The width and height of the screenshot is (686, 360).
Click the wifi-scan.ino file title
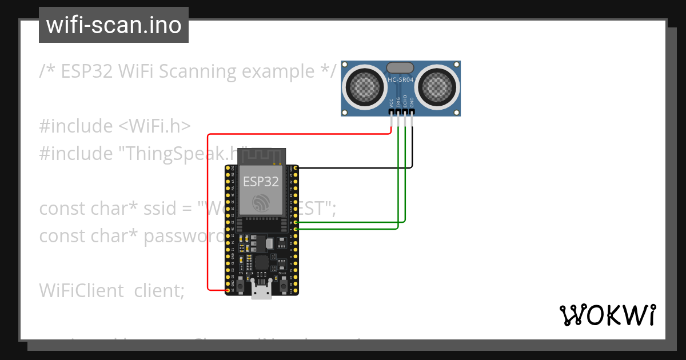tap(113, 25)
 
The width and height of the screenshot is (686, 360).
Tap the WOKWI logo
tap(607, 315)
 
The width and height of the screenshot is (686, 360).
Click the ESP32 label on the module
tap(261, 182)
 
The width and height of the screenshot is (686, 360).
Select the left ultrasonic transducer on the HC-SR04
tap(364, 87)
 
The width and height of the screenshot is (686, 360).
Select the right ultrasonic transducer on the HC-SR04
tap(438, 87)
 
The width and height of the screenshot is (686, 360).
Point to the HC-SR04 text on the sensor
tap(400, 81)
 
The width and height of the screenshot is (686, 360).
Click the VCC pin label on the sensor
tap(391, 103)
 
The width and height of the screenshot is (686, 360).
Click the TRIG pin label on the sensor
tap(398, 103)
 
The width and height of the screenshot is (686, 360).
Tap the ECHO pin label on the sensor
tap(405, 103)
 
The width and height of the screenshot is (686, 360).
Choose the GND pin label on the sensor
tap(412, 103)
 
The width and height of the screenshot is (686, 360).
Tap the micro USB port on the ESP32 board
tap(261, 293)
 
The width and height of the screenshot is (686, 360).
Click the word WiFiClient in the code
tap(81, 290)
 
